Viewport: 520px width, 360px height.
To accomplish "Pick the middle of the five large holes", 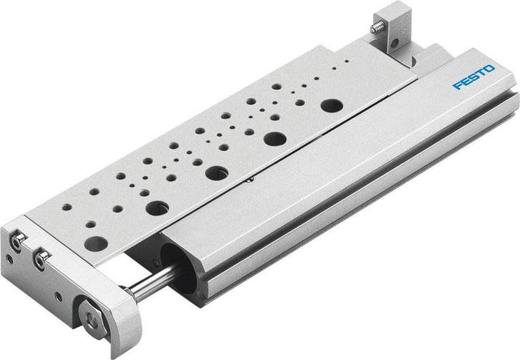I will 216,172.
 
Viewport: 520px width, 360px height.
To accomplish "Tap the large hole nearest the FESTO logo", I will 330,105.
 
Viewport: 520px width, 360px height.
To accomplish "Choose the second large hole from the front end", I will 157,208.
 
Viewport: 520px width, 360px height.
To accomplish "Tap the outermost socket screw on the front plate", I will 16,241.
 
